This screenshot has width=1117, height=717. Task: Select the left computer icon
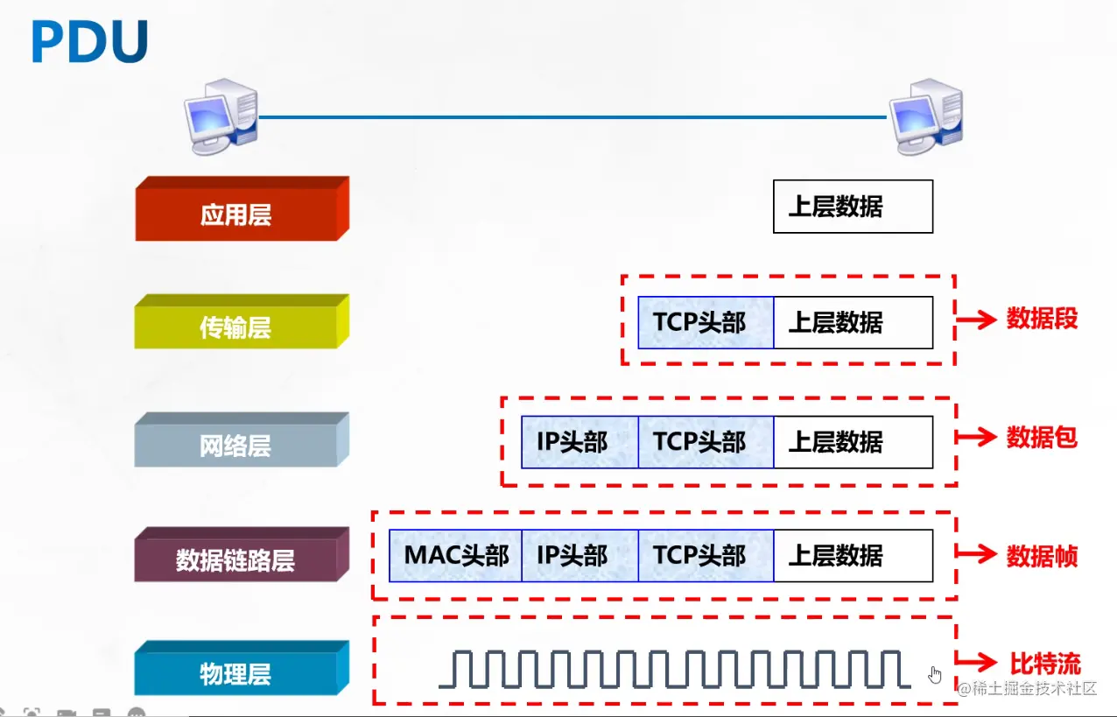click(221, 117)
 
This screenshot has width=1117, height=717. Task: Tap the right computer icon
click(926, 116)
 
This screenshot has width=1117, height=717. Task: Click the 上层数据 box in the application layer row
click(853, 207)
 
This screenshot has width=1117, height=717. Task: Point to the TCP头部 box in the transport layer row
click(706, 322)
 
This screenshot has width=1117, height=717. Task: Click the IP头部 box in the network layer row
click(580, 442)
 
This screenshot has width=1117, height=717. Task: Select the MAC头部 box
click(455, 555)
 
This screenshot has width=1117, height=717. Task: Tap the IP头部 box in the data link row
click(580, 555)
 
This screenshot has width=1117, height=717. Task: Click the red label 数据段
click(1042, 319)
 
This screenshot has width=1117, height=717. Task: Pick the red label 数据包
click(1042, 437)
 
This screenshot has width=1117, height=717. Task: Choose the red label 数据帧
click(1042, 555)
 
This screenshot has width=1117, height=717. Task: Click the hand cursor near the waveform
click(936, 674)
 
